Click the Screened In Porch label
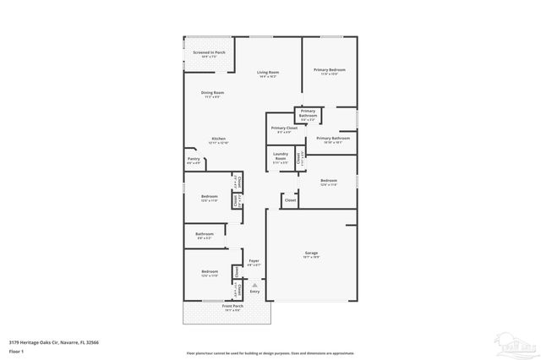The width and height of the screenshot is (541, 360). click(x=209, y=52)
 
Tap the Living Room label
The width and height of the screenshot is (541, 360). click(x=269, y=73)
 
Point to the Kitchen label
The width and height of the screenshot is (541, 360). click(x=219, y=139)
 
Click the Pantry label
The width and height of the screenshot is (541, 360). click(x=194, y=158)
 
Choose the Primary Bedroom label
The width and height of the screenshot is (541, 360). click(x=330, y=69)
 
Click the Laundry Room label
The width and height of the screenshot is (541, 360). click(x=281, y=156)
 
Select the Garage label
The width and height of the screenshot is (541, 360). click(x=312, y=253)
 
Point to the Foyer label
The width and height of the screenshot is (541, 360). click(x=254, y=261)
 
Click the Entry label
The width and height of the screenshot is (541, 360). click(x=255, y=292)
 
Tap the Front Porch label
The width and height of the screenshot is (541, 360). click(x=232, y=308)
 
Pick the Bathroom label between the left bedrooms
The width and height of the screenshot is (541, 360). click(x=205, y=234)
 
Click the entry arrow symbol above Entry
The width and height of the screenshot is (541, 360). click(x=254, y=284)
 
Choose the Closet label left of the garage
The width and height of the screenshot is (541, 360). click(x=290, y=200)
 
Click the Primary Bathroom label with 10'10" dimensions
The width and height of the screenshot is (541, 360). click(x=334, y=138)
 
